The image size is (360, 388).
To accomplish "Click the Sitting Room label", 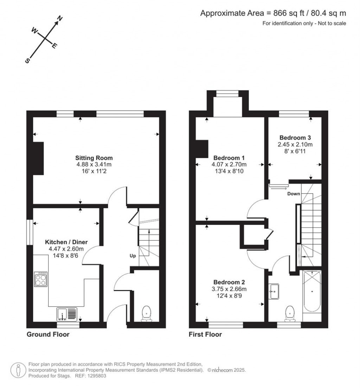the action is [x=94, y=158].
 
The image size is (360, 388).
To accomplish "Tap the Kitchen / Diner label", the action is [x=66, y=242].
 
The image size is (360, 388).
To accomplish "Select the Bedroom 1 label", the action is [x=229, y=158].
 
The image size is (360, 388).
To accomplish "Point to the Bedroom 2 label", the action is [x=229, y=282].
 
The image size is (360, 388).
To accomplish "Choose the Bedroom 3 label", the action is [x=295, y=137].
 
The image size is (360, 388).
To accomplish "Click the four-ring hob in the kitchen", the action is [x=40, y=279].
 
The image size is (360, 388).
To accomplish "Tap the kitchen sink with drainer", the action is [x=67, y=314].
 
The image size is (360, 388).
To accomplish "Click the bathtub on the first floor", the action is [x=312, y=291].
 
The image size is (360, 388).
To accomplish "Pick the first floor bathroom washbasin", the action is [x=274, y=291].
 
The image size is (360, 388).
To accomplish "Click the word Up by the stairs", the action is [x=133, y=256].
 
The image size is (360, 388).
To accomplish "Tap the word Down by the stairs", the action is [x=294, y=194].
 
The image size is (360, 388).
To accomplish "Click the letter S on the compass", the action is [x=27, y=60].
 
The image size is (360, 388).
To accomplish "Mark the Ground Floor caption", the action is [x=48, y=334].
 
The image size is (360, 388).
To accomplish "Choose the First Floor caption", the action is [x=205, y=334].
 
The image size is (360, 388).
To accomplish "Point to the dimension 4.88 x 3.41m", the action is [x=94, y=164].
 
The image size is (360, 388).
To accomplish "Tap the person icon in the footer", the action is [x=18, y=370].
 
